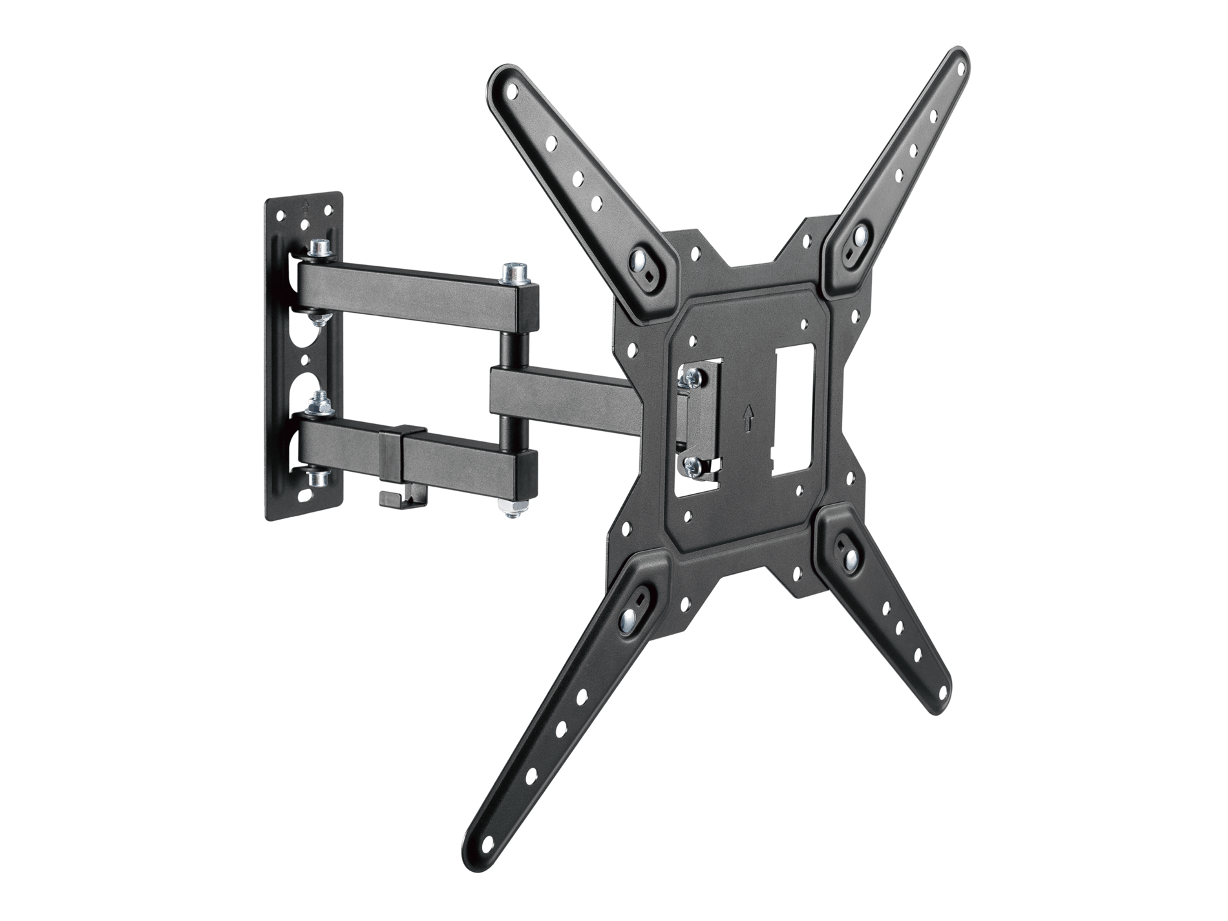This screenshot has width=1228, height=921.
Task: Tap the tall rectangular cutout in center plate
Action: pyautogui.click(x=794, y=411)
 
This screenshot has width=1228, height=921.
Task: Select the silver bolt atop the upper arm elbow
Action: pyautogui.click(x=513, y=272)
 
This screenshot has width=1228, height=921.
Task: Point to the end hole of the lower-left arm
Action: pyautogui.click(x=489, y=842)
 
